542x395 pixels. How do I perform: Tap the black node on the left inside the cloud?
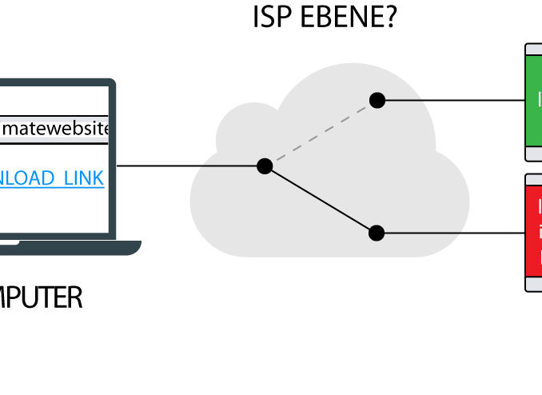[265, 166]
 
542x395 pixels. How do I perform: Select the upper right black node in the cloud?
[377, 100]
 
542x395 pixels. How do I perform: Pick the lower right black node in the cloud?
[377, 233]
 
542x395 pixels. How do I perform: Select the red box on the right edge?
[534, 232]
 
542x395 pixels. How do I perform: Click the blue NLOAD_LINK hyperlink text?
[51, 178]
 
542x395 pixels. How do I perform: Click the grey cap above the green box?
[534, 49]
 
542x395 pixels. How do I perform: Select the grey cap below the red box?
[534, 283]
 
